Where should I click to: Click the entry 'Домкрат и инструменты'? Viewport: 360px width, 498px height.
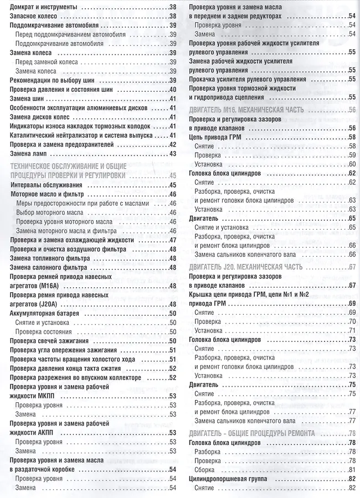tap(44, 8)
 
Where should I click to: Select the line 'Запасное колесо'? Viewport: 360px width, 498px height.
tap(33, 17)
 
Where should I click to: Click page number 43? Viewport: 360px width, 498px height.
tap(172, 153)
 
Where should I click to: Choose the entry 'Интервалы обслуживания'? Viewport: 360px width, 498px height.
tap(46, 185)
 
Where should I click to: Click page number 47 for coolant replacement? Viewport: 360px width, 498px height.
tap(172, 239)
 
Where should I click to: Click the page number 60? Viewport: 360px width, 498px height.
tap(352, 164)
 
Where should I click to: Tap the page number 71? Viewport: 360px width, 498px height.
tap(352, 330)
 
